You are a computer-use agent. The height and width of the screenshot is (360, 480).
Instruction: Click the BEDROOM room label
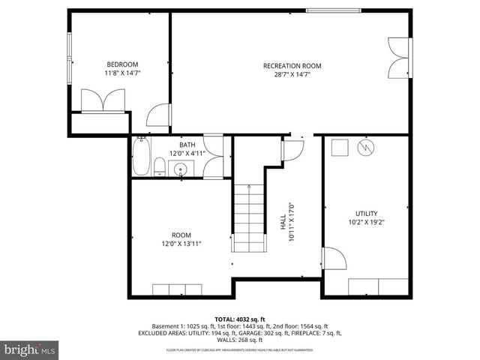121,64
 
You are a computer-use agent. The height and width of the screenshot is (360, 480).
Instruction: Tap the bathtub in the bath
140,158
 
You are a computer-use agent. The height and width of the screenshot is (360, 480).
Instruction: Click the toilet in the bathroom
159,166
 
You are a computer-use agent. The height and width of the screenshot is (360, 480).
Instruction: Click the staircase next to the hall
247,217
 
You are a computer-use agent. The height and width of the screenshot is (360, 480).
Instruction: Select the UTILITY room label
366,213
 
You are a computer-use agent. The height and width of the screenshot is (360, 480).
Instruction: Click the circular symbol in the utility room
365,146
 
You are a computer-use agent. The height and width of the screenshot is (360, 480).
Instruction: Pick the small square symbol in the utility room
339,146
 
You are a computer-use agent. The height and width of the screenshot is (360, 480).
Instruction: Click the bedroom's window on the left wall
69,52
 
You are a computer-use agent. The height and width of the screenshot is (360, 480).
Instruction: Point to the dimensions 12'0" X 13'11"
181,244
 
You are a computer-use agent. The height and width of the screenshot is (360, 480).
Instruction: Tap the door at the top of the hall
292,148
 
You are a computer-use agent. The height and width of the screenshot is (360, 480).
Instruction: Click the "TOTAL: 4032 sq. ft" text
241,319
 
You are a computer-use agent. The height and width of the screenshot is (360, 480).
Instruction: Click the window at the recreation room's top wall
332,10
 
